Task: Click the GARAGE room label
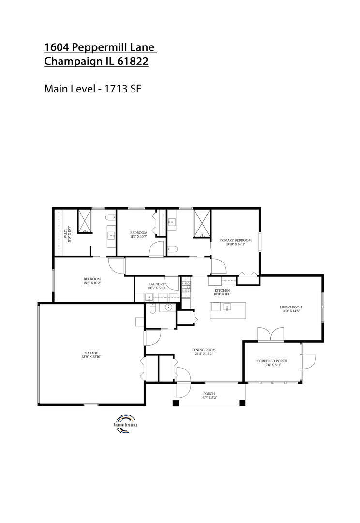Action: (91, 354)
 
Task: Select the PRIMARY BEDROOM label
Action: (236, 240)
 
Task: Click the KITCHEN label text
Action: (222, 290)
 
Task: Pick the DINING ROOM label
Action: (204, 350)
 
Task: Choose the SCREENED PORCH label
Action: (272, 361)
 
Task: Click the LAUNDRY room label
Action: (157, 284)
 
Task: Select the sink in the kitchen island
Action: (226, 307)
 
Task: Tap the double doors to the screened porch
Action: (270, 335)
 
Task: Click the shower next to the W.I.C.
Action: (86, 221)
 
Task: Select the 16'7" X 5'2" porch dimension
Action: (209, 398)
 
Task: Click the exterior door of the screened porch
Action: (308, 361)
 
